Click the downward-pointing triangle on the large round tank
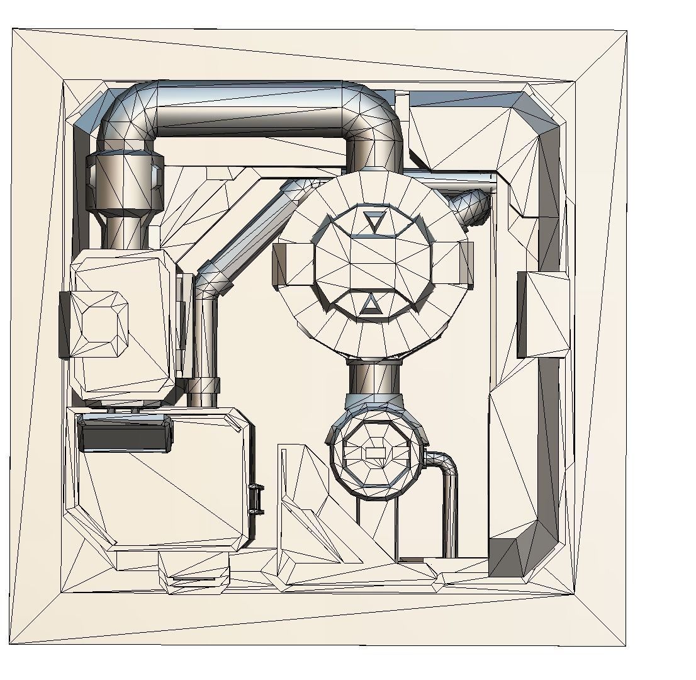[374, 221]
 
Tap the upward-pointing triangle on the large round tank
[371, 305]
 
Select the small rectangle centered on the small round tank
[375, 453]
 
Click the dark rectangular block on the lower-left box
[125, 435]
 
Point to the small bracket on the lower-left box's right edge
[256, 499]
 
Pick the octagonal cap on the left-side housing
[99, 324]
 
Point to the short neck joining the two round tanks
[374, 377]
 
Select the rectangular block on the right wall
[543, 315]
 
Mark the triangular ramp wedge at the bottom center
[308, 516]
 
